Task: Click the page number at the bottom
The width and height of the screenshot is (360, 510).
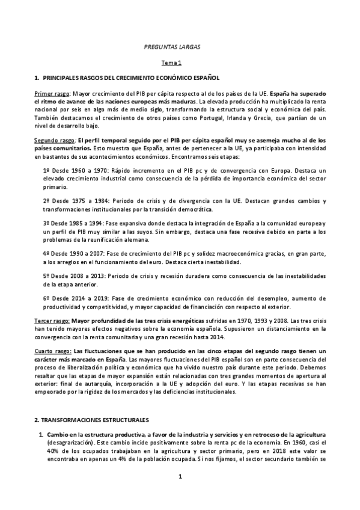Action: (179, 494)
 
